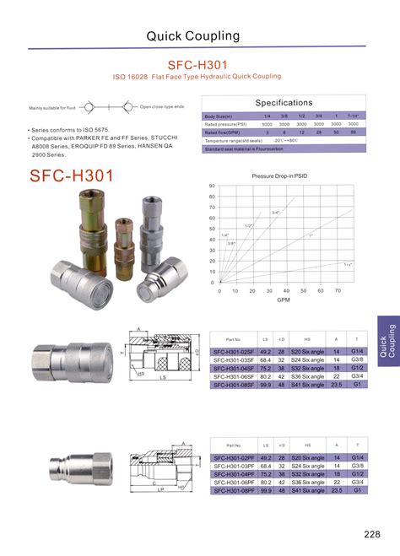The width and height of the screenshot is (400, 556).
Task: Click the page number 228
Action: (x=372, y=534)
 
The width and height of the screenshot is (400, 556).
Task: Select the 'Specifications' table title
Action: (x=284, y=103)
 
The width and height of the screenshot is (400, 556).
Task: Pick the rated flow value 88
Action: (x=354, y=132)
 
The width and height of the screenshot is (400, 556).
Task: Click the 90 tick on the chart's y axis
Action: (x=212, y=186)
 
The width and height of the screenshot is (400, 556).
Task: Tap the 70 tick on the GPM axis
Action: (x=338, y=290)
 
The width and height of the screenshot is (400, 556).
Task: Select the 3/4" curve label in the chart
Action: (x=275, y=212)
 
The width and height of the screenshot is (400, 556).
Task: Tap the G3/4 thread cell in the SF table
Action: (x=359, y=377)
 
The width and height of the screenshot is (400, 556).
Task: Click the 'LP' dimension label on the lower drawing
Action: (x=160, y=489)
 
